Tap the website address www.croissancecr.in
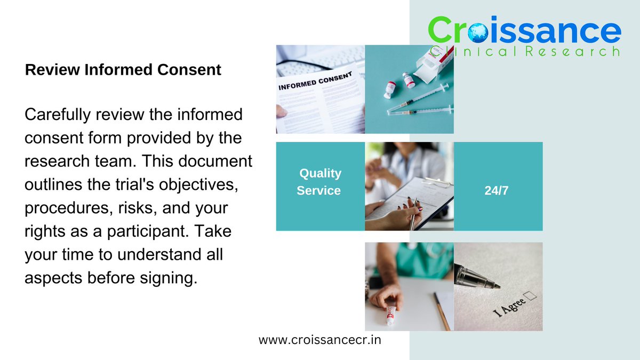click(320, 340)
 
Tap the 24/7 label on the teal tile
click(497, 190)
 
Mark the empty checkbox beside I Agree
click(531, 295)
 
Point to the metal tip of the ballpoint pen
click(494, 285)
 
